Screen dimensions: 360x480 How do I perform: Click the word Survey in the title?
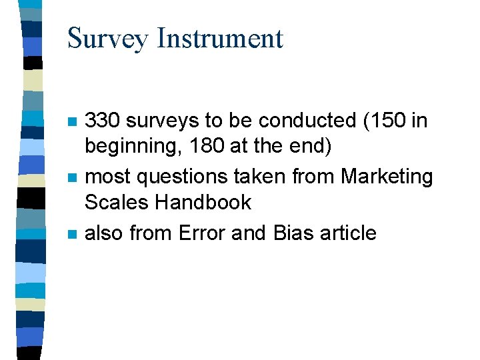coord(107,39)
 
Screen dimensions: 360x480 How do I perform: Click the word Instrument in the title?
coord(219,39)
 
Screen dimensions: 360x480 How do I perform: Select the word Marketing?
coord(387,177)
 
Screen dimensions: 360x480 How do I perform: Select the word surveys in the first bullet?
coord(162,121)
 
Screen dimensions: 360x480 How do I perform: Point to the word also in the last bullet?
coord(105,233)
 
